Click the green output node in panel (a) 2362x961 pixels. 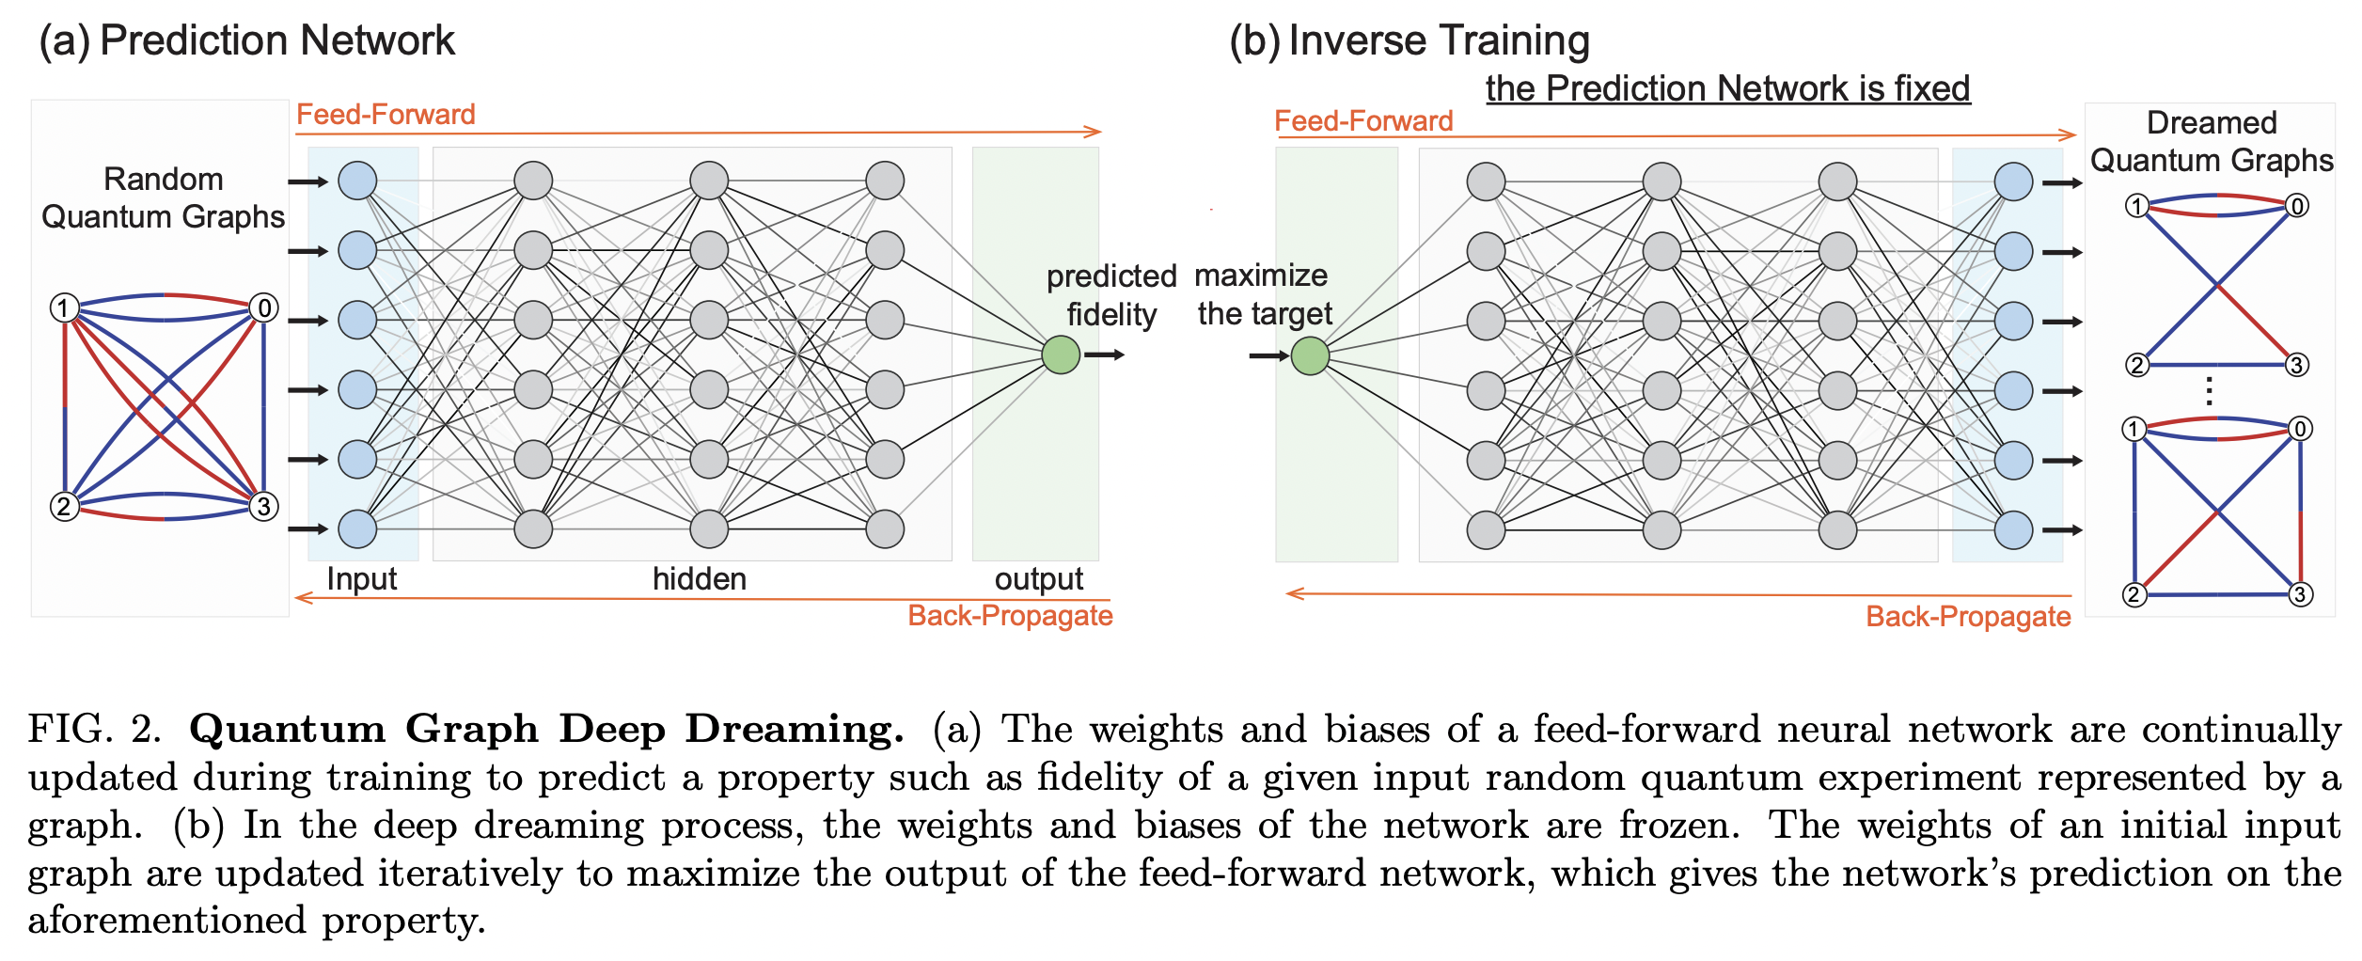pyautogui.click(x=1061, y=354)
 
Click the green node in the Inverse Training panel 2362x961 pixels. pyautogui.click(x=1310, y=355)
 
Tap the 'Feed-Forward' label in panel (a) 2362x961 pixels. pyautogui.click(x=386, y=115)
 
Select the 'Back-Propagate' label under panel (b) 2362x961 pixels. pyautogui.click(x=1968, y=616)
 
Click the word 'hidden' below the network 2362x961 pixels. pyautogui.click(x=700, y=578)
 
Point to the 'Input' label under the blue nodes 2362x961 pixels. pyautogui.click(x=361, y=578)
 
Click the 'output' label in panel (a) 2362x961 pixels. pyautogui.click(x=1038, y=578)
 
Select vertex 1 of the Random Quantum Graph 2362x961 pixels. pyautogui.click(x=64, y=307)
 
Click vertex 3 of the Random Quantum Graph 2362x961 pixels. pyautogui.click(x=264, y=506)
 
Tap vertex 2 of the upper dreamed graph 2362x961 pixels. pyautogui.click(x=2136, y=365)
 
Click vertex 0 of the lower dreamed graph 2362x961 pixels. pyautogui.click(x=2300, y=429)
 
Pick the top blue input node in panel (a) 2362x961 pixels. pyautogui.click(x=357, y=181)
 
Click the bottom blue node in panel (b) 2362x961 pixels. pyautogui.click(x=2013, y=529)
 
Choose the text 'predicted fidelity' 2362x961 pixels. pyautogui.click(x=1111, y=294)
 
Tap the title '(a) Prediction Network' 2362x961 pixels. pyautogui.click(x=246, y=40)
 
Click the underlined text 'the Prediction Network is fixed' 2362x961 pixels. pyautogui.click(x=1727, y=88)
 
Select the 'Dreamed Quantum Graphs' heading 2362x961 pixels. pyautogui.click(x=2212, y=141)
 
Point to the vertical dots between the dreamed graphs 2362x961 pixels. pyautogui.click(x=2210, y=391)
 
